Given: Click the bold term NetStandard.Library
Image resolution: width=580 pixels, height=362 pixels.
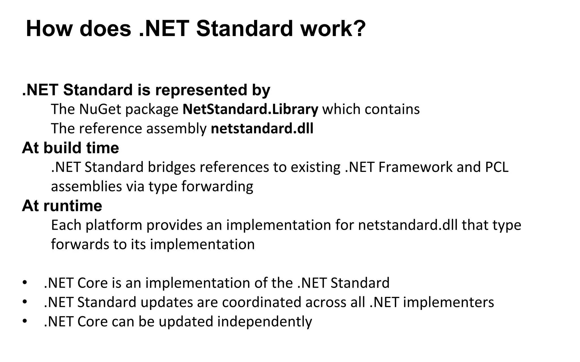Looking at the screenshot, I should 250,109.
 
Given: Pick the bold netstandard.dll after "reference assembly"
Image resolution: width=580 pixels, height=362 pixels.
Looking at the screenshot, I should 262,128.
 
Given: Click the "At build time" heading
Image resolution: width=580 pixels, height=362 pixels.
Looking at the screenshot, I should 71,148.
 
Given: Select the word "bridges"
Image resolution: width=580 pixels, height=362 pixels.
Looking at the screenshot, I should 172,167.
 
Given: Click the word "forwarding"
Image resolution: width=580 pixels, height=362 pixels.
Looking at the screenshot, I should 217,186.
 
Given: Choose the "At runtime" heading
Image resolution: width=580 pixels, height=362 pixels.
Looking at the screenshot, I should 62,206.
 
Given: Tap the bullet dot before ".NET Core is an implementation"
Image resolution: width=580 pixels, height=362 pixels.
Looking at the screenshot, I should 25,283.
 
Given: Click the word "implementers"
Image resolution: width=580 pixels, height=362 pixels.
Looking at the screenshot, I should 448,302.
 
